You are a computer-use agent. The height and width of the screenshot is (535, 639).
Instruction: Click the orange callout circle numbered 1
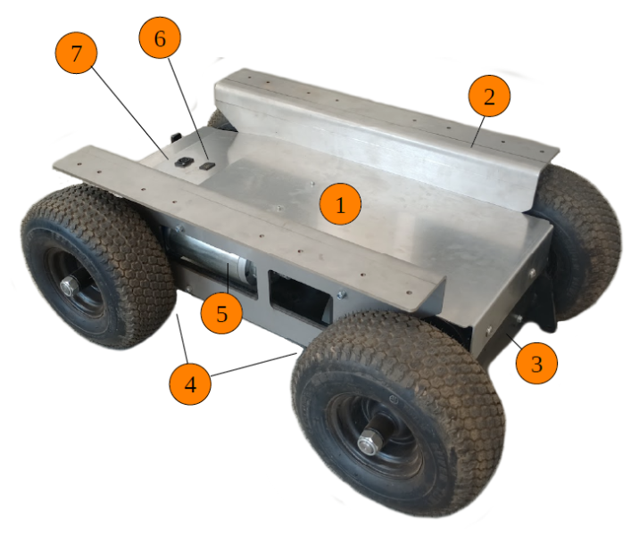[340, 203]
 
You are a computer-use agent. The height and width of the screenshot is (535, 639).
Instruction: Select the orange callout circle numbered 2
[489, 95]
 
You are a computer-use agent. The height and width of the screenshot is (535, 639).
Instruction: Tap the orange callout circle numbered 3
[536, 363]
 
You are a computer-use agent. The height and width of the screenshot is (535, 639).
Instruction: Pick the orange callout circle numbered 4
[190, 383]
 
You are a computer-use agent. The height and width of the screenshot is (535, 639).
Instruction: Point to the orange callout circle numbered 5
[221, 313]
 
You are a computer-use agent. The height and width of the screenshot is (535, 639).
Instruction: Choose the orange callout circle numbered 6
[160, 37]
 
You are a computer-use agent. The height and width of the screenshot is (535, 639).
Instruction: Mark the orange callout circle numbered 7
[76, 53]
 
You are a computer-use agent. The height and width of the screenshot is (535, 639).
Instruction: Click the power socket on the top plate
[183, 163]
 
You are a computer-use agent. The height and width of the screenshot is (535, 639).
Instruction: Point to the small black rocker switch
[207, 166]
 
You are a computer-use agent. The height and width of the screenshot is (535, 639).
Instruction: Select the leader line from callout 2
[478, 131]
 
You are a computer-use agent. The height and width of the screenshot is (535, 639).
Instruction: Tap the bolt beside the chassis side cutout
[342, 293]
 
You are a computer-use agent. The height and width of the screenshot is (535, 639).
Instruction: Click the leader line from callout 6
[188, 109]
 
